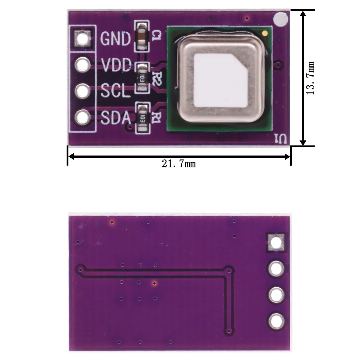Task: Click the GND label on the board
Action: click(x=115, y=39)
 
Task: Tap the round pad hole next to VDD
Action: click(x=82, y=65)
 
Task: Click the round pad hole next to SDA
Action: click(x=82, y=117)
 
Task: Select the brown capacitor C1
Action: click(x=141, y=36)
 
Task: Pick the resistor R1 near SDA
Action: click(x=141, y=118)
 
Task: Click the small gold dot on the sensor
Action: click(x=265, y=33)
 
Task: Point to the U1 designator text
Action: click(x=279, y=138)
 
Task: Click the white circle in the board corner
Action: click(x=281, y=19)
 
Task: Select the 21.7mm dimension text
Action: click(x=179, y=164)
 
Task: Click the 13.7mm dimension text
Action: click(x=310, y=78)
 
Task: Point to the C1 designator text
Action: click(x=156, y=35)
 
